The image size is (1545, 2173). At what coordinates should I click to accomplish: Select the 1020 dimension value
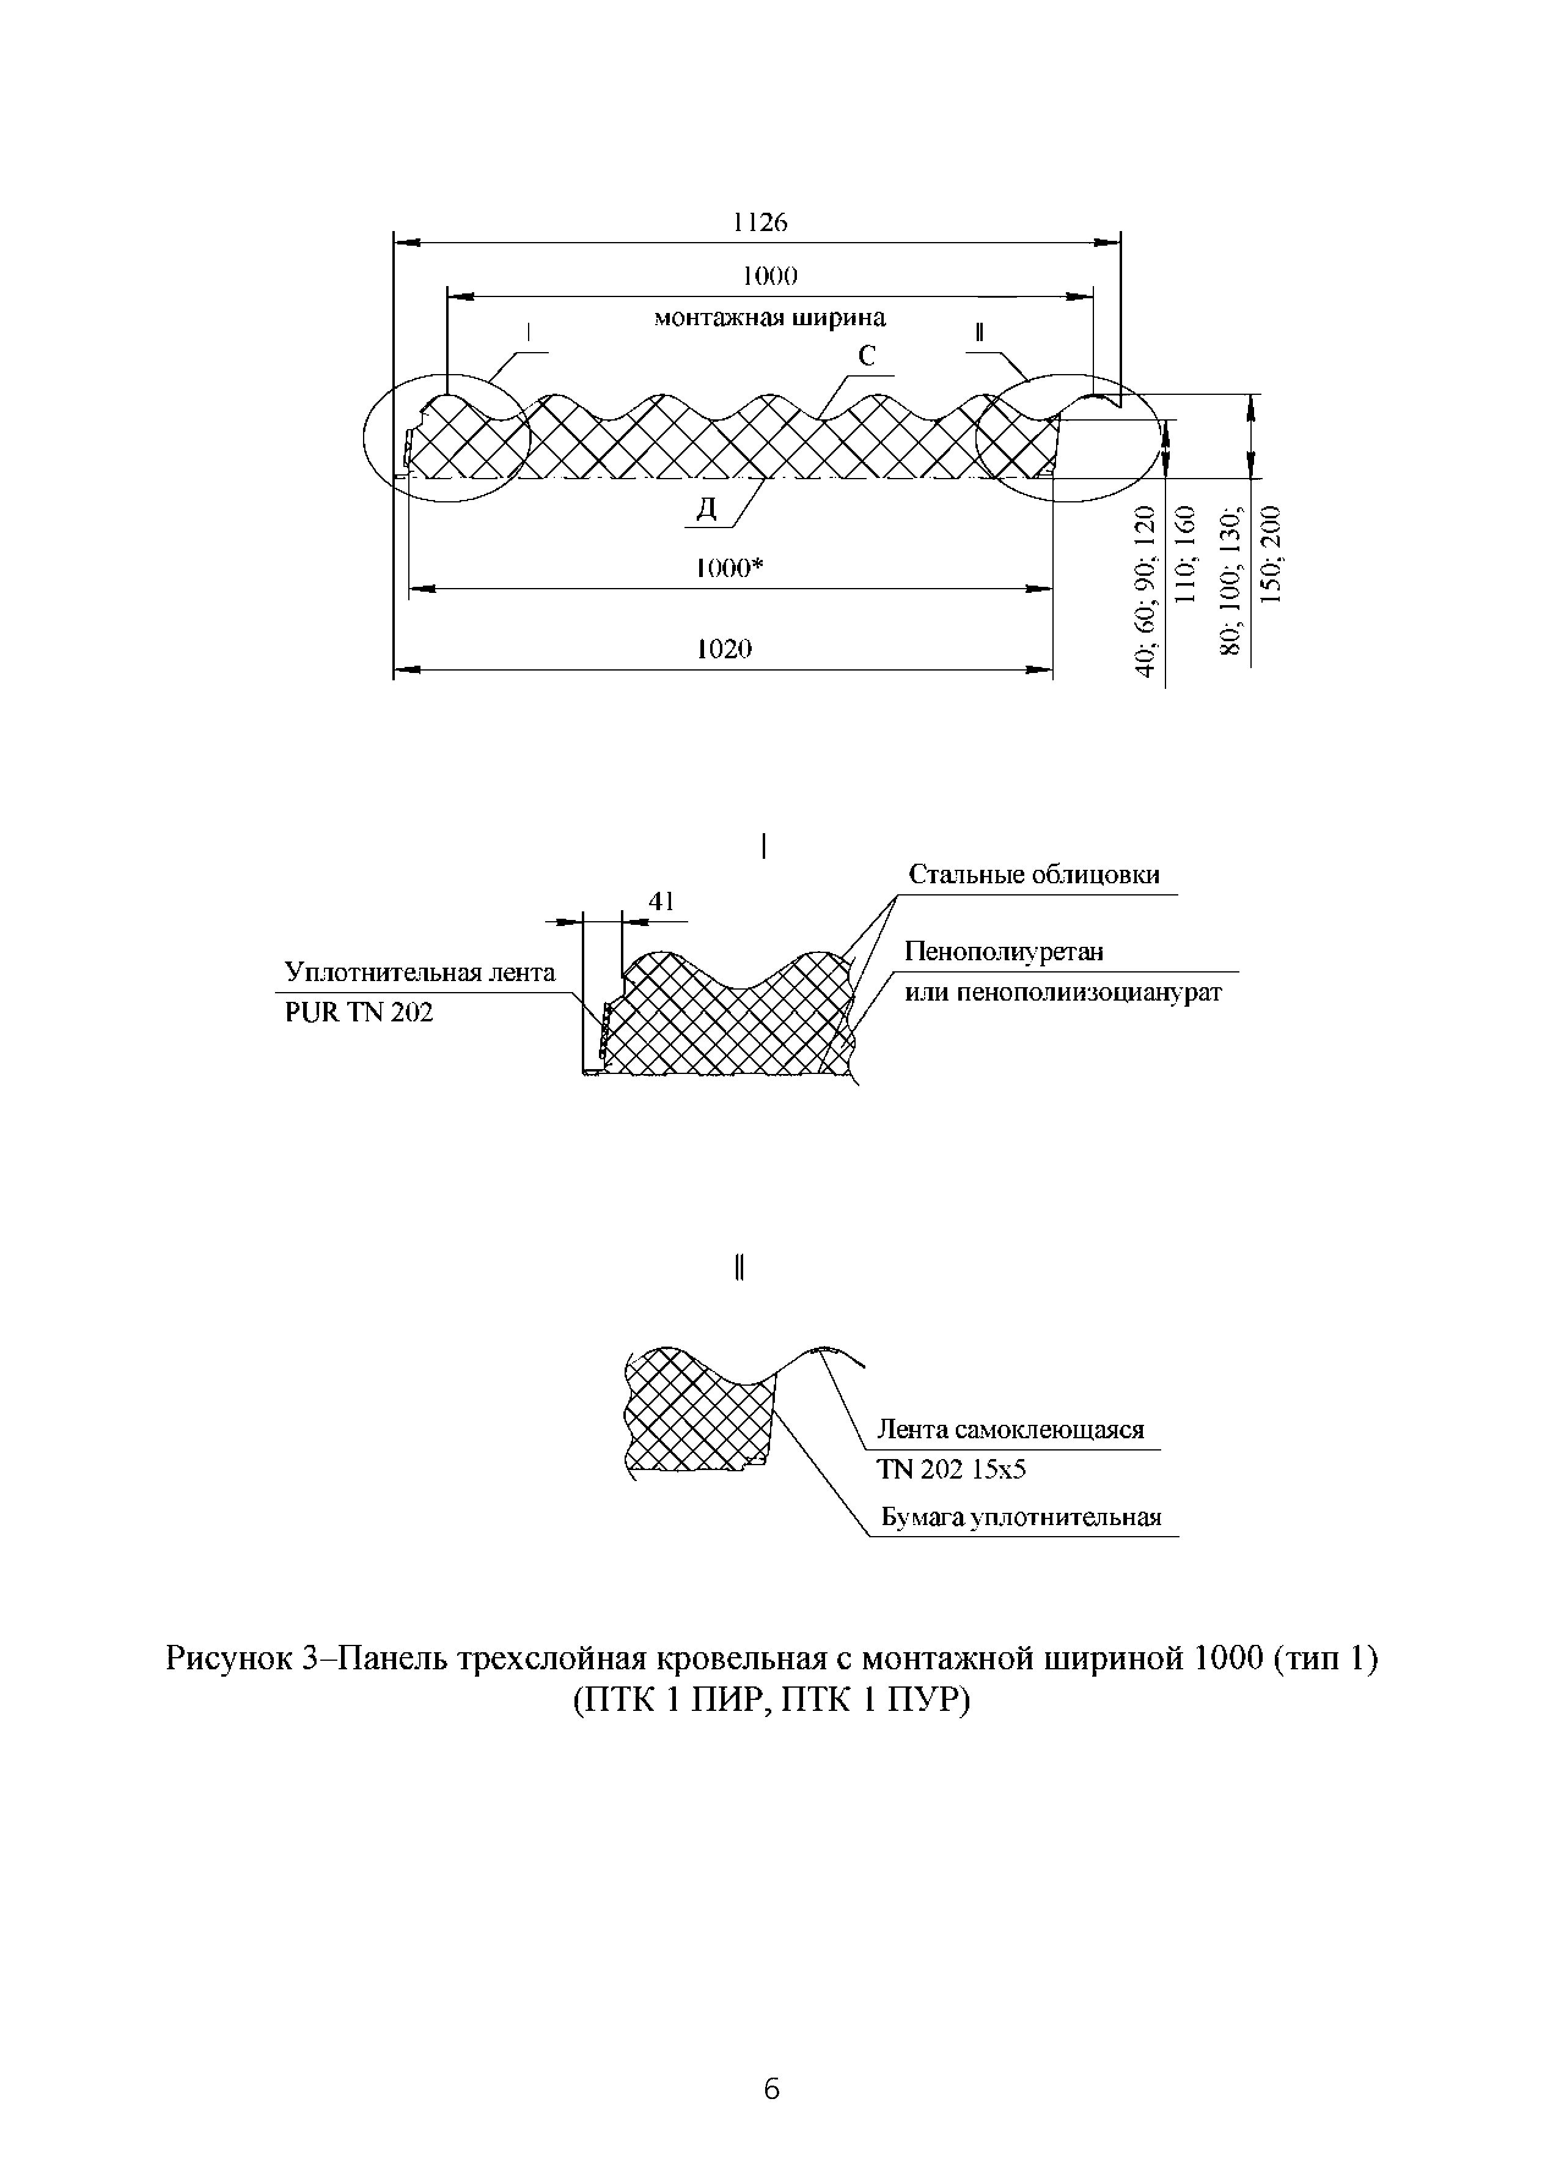pos(725,650)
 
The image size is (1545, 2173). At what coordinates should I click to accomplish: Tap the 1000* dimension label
pos(731,569)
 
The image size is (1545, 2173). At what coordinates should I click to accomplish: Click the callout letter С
pos(866,357)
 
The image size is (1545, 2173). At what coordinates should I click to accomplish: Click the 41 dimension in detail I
pos(661,901)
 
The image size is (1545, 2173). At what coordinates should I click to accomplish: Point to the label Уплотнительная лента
pos(419,973)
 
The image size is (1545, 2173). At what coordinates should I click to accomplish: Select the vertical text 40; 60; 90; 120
pos(1147,592)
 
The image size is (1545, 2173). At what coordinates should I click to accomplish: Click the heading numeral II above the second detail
pos(739,1268)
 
